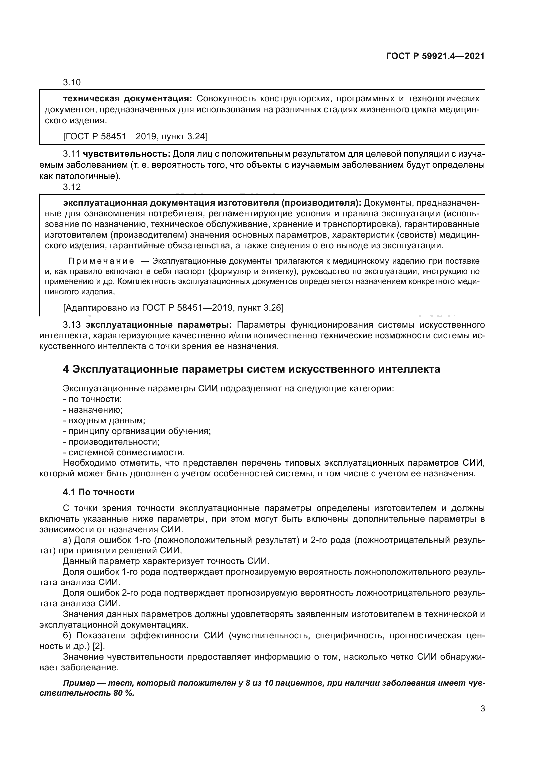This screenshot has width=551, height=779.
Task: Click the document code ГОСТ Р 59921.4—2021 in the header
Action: coord(435,56)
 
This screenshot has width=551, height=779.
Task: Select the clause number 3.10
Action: coord(72,83)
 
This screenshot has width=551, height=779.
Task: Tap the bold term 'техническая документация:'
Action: coord(128,99)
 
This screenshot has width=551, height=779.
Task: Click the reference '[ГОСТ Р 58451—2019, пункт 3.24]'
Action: coord(135,137)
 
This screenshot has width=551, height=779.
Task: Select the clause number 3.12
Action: coord(72,187)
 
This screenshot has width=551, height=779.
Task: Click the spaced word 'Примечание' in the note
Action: coord(101,261)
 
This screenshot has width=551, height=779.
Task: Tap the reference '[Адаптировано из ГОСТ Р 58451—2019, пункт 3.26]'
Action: coord(173,308)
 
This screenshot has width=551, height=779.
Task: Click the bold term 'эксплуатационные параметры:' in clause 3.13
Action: coord(159,325)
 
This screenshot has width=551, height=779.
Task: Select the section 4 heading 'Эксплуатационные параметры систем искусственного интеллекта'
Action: coord(252,369)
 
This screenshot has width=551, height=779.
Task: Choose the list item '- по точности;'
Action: coord(92,399)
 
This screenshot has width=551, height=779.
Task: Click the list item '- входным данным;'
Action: coord(104,420)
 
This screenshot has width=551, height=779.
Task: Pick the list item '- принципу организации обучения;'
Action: coord(137,431)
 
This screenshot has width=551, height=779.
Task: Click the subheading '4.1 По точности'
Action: coord(99,492)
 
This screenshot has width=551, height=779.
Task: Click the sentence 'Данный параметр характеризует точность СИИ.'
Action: coord(166,561)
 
